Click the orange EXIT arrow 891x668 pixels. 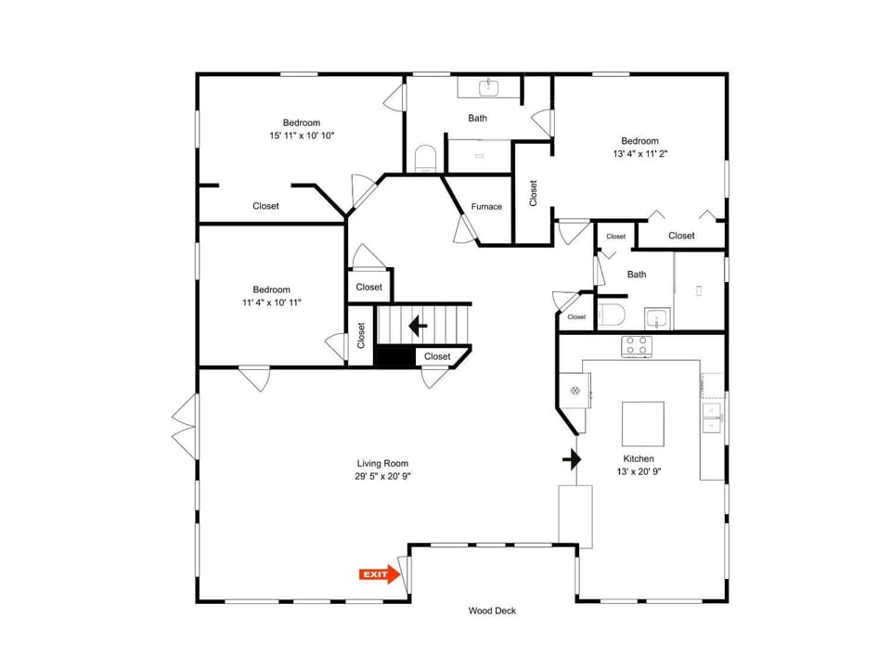click(x=380, y=574)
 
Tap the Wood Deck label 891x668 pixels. click(x=492, y=610)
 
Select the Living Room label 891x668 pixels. click(x=382, y=464)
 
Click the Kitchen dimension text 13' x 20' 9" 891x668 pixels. click(x=639, y=471)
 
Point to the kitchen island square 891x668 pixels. click(x=642, y=424)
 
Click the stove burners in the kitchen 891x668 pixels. click(x=637, y=346)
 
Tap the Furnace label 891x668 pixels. click(x=486, y=207)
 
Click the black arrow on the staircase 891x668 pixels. click(x=419, y=326)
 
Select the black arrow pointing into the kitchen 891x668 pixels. click(x=573, y=459)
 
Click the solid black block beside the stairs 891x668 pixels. click(x=395, y=356)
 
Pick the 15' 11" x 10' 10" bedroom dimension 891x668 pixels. click(x=302, y=135)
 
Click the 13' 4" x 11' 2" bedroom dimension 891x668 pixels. click(x=639, y=154)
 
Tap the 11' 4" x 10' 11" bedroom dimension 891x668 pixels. click(x=272, y=302)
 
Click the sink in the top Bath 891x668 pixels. click(x=489, y=88)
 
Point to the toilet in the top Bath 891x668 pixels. click(x=425, y=159)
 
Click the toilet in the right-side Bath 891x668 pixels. click(x=612, y=315)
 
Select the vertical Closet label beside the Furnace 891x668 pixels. click(x=533, y=193)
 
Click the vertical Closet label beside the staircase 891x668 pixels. click(x=361, y=335)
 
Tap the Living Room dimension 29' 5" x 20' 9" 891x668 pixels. click(x=382, y=477)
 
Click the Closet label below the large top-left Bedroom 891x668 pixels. click(x=266, y=206)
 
